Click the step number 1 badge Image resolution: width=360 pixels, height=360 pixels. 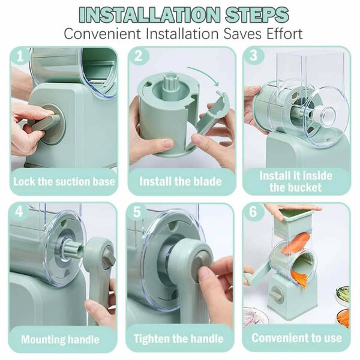[x=20, y=56]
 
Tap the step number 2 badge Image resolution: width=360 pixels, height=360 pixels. [x=139, y=56]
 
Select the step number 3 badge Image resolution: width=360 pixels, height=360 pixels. [x=253, y=56]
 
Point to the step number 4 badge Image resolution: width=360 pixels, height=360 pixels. [x=19, y=211]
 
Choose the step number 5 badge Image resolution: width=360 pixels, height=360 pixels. [x=137, y=211]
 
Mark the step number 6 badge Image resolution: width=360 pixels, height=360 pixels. [x=253, y=211]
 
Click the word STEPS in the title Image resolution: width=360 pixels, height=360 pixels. [x=257, y=14]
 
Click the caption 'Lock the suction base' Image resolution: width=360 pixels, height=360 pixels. [x=64, y=182]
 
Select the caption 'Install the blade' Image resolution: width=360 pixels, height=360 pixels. [x=181, y=181]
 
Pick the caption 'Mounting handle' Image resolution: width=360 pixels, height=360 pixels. [x=60, y=340]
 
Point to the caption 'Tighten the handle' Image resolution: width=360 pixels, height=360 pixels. [x=179, y=338]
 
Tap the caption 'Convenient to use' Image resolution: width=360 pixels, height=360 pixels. [x=296, y=338]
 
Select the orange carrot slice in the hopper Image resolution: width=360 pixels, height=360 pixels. [x=296, y=242]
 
